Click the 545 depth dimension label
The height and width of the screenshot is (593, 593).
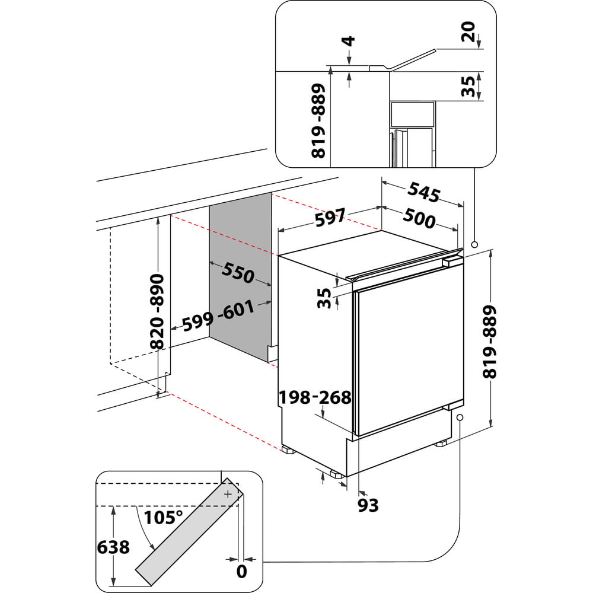pos(424,193)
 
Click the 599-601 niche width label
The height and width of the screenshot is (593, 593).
pos(218,317)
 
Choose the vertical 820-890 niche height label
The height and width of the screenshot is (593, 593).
pos(157,312)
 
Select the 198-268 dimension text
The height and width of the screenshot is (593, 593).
pos(315,397)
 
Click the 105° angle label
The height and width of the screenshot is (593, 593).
pos(162,517)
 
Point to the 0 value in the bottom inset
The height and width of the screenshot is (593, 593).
pos(241,572)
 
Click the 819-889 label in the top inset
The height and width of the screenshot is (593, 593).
pos(319,121)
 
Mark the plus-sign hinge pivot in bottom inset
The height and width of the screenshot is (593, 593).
pos(228,493)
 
